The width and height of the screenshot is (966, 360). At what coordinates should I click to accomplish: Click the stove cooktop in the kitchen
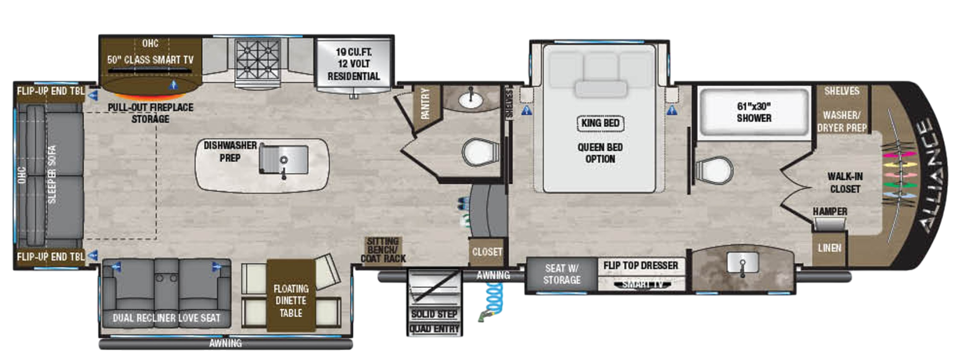tap(257, 59)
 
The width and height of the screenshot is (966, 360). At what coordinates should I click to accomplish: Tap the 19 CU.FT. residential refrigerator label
tap(354, 64)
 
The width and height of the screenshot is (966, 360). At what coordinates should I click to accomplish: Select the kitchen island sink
tap(283, 160)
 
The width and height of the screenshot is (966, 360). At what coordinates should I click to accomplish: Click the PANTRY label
tap(425, 103)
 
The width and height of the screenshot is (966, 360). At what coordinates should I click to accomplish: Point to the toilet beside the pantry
tap(480, 152)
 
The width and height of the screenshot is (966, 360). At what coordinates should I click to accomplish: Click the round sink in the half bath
tap(470, 100)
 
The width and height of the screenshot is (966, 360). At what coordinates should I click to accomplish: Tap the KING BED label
tap(600, 123)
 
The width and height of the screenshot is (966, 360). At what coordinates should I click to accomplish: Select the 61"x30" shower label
tap(753, 112)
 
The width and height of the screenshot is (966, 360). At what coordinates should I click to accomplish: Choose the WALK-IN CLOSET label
tap(845, 183)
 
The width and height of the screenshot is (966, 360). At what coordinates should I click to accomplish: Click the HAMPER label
tap(830, 212)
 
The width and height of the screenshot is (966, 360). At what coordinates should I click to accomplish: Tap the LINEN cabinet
tap(829, 248)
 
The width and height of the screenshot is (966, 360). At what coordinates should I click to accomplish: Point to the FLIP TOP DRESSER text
tap(640, 266)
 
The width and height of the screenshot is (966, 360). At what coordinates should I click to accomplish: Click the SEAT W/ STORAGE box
tap(562, 274)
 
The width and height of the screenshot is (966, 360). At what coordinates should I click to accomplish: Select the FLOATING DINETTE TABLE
tap(291, 301)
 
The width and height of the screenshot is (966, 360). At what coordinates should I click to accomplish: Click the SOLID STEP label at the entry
tap(434, 314)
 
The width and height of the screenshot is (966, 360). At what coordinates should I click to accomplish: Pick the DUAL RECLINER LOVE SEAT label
tap(166, 318)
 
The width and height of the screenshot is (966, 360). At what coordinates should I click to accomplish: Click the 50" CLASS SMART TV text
tap(150, 60)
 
